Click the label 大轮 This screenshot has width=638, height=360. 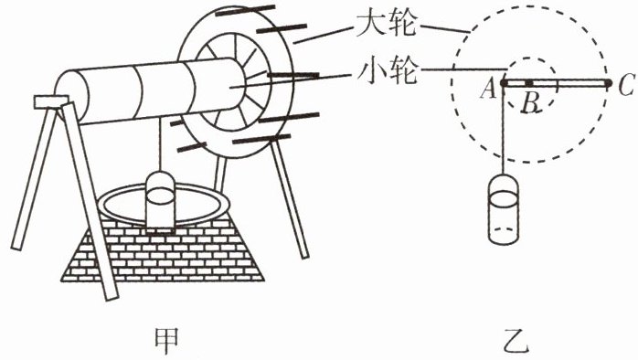pyautogui.click(x=386, y=24)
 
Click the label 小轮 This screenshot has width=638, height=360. pyautogui.click(x=387, y=71)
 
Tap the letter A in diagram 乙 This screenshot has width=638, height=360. pyautogui.click(x=488, y=89)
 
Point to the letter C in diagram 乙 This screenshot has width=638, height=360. pyautogui.click(x=625, y=85)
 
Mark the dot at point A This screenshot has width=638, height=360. pyautogui.click(x=504, y=83)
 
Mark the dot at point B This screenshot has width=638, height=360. pyautogui.click(x=529, y=83)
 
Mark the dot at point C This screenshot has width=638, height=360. pyautogui.click(x=608, y=83)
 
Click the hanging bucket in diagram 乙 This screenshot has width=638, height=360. pyautogui.click(x=504, y=209)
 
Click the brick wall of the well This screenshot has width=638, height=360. pyautogui.click(x=163, y=251)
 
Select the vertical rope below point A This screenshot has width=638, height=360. pyautogui.click(x=504, y=130)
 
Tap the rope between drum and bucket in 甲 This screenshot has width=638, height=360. pyautogui.click(x=160, y=145)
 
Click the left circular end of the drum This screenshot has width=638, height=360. pyautogui.click(x=71, y=98)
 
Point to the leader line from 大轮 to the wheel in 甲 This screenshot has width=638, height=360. pyautogui.click(x=324, y=35)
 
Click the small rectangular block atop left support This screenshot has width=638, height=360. pyautogui.click(x=51, y=102)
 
